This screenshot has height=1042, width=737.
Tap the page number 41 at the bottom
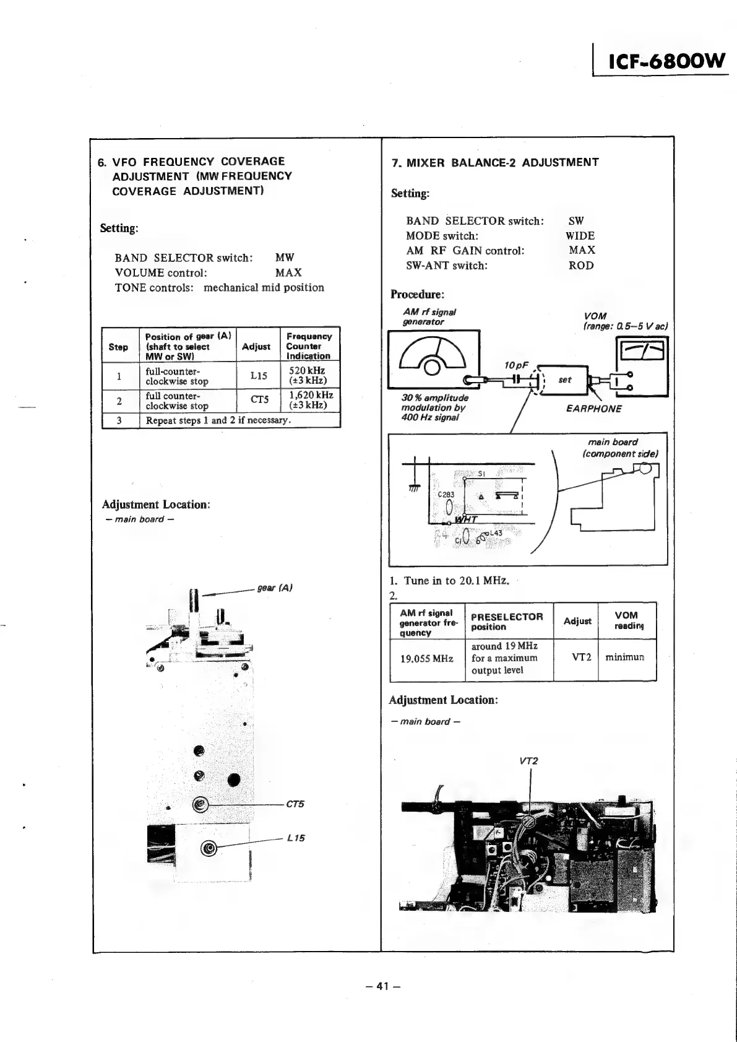(383, 986)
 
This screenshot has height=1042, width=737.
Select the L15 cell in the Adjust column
(258, 376)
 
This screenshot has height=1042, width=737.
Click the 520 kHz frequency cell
(309, 376)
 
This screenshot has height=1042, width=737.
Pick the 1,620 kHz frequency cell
(310, 400)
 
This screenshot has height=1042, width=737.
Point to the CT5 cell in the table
(258, 400)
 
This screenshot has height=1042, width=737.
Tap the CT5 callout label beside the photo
(295, 804)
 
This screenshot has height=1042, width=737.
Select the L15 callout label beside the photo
(296, 838)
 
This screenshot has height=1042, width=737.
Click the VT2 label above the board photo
(529, 761)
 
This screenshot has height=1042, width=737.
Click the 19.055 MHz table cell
(427, 659)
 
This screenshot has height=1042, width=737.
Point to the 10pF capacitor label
(515, 365)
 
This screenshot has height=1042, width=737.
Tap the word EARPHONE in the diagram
(593, 409)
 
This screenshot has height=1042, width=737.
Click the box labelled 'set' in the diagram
(564, 380)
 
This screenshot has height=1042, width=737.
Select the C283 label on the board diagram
(446, 495)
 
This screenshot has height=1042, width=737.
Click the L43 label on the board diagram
(496, 533)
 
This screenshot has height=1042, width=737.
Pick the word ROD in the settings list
(581, 266)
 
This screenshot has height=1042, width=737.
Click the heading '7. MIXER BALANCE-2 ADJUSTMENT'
(495, 163)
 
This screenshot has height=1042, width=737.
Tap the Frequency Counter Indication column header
(309, 346)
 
